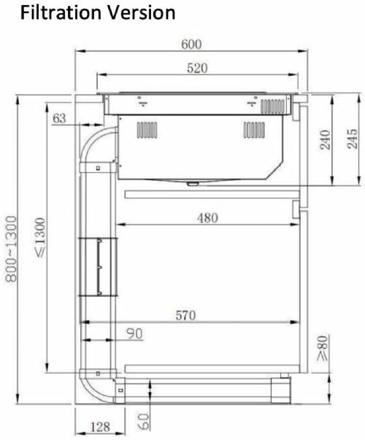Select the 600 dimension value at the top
point(191,44)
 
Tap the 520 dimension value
point(197,69)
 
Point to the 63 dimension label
point(60,117)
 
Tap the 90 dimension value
point(133,333)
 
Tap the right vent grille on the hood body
point(255,130)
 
